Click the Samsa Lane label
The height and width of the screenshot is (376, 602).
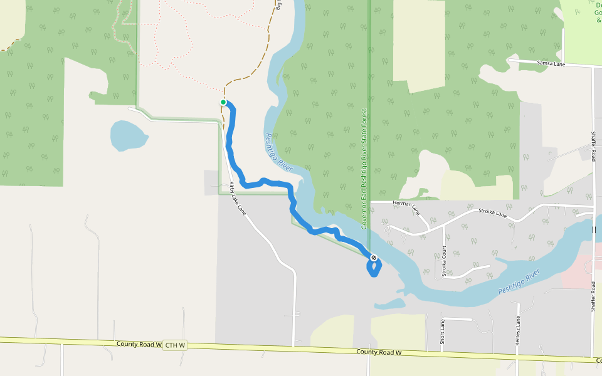pyautogui.click(x=551, y=64)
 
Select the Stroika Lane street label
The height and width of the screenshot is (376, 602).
pyautogui.click(x=492, y=214)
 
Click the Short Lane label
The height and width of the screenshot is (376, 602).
pyautogui.click(x=442, y=331)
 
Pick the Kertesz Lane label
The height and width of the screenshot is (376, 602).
pyautogui.click(x=518, y=328)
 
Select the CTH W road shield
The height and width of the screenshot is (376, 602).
pyautogui.click(x=171, y=345)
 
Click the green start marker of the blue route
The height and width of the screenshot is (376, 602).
pyautogui.click(x=223, y=102)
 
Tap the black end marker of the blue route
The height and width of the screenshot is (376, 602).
pyautogui.click(x=373, y=258)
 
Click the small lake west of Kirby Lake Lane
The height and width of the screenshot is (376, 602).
pyautogui.click(x=128, y=135)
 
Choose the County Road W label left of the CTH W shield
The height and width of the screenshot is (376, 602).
pyautogui.click(x=139, y=344)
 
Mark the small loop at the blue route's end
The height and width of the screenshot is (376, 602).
pyautogui.click(x=373, y=268)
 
